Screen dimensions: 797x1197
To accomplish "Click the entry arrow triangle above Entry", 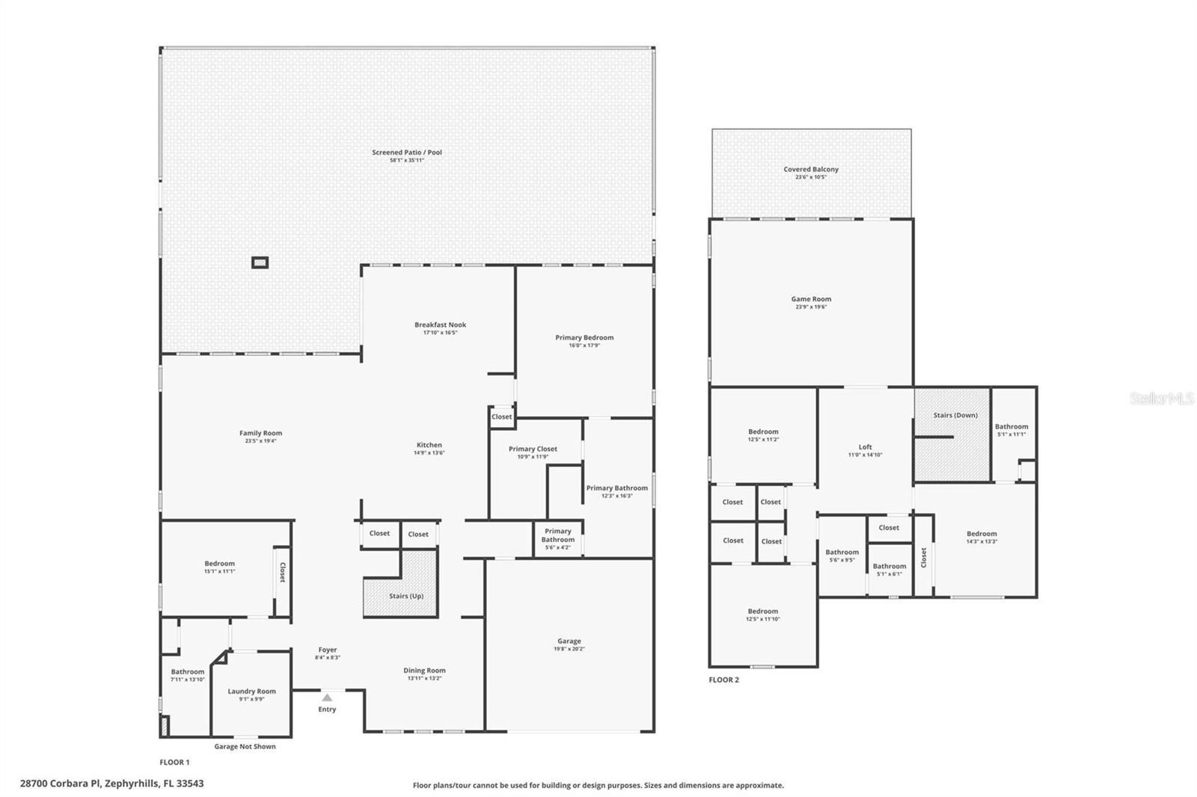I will click(327, 698).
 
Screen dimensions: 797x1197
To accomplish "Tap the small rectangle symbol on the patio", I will click(260, 262).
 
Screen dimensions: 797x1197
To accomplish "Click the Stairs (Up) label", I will click(406, 596).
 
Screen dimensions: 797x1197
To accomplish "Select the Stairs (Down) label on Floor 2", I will click(955, 415).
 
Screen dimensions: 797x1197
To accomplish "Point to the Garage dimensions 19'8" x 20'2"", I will click(569, 649).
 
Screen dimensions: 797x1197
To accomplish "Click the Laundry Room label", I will click(251, 692).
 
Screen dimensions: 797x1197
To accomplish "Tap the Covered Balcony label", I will click(811, 169).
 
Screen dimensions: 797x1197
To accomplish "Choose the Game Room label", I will click(811, 299).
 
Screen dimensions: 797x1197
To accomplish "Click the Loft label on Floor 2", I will click(865, 447).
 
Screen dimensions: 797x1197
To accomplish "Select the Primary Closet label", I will click(533, 449).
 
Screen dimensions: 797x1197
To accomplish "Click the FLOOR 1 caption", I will click(174, 763).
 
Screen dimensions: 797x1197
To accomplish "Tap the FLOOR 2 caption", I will click(723, 680).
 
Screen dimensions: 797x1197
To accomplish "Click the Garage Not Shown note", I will click(245, 746).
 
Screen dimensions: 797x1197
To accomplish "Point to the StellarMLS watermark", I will click(1161, 399).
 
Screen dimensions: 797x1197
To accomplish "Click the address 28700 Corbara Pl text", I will click(111, 784).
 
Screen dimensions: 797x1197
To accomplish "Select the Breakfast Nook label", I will click(440, 324).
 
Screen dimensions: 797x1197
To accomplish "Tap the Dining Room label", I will click(424, 671).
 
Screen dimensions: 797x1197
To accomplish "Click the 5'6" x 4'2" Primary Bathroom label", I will click(557, 535).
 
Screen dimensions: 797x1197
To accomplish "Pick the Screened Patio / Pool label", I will click(407, 153).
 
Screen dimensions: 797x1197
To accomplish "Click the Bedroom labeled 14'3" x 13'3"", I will click(981, 534).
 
